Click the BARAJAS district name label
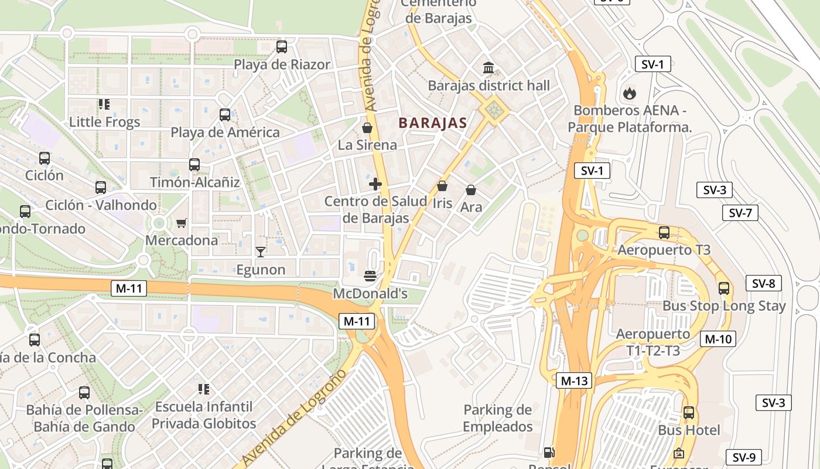click(x=432, y=123)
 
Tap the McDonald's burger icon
click(x=370, y=276)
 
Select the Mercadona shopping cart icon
click(x=182, y=223)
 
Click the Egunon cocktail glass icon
click(x=261, y=252)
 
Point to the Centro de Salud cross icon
click(x=375, y=184)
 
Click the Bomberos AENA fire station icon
click(x=630, y=93)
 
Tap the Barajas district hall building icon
click(x=488, y=68)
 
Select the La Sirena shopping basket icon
click(x=367, y=128)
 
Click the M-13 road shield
click(x=573, y=380)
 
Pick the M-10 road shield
click(x=717, y=339)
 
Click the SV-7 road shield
click(x=740, y=213)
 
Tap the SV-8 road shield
click(x=763, y=284)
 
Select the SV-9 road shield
click(x=744, y=457)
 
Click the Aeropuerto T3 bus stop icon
click(x=664, y=233)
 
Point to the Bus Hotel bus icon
click(x=689, y=413)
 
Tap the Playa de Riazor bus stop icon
click(x=282, y=47)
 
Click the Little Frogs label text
click(x=105, y=122)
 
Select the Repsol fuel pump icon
click(x=549, y=453)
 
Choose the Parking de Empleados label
click(x=497, y=418)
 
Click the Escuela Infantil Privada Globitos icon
click(x=204, y=389)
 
